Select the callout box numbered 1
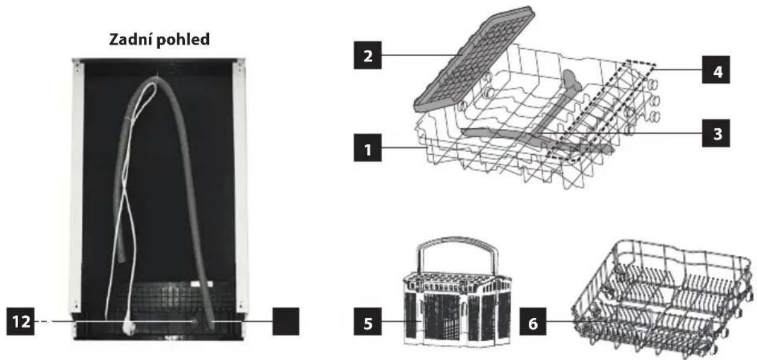click(368, 147)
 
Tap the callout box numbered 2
click(368, 55)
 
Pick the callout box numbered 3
click(716, 133)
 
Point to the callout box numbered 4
click(716, 70)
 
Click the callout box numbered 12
click(20, 321)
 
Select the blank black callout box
click(286, 321)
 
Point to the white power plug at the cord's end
click(129, 327)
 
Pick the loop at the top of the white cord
click(151, 90)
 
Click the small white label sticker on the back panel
click(201, 284)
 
